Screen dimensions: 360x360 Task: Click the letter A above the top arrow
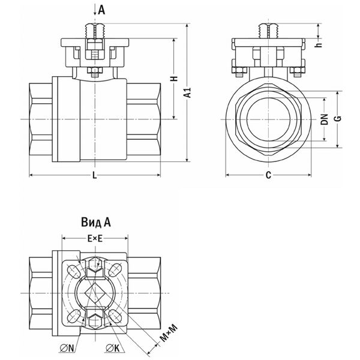pos(101,9)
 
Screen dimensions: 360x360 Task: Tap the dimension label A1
pos(188,92)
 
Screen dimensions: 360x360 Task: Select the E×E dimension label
pos(94,238)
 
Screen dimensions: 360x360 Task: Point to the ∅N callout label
pos(66,346)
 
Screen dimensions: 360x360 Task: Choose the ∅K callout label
pos(112,346)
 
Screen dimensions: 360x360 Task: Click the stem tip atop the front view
pos(94,27)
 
